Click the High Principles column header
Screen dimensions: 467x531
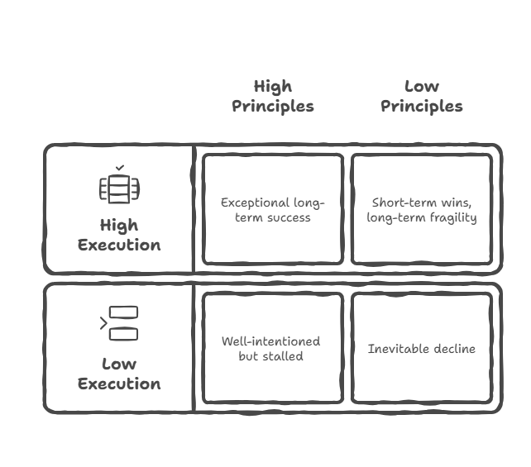click(273, 96)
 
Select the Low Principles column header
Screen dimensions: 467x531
click(422, 96)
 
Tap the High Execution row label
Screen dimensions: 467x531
click(119, 235)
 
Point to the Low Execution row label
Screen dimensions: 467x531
click(119, 374)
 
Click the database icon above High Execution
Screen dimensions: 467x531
click(119, 189)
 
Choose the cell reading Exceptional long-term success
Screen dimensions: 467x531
click(273, 209)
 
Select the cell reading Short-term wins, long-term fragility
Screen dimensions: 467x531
click(422, 209)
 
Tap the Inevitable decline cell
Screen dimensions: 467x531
click(422, 348)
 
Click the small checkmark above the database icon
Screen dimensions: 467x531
click(120, 168)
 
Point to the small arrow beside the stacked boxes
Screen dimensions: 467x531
click(103, 324)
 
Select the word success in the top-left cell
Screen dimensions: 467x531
click(289, 217)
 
